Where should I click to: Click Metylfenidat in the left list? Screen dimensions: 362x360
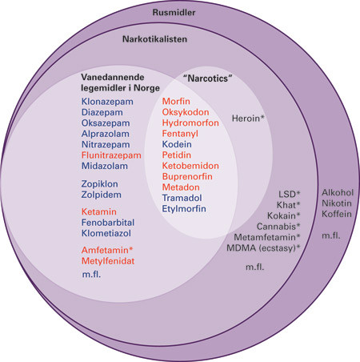110,263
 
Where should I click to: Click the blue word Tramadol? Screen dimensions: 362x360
185,197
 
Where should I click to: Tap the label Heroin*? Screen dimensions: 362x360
248,118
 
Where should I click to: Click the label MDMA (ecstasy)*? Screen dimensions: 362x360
265,247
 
